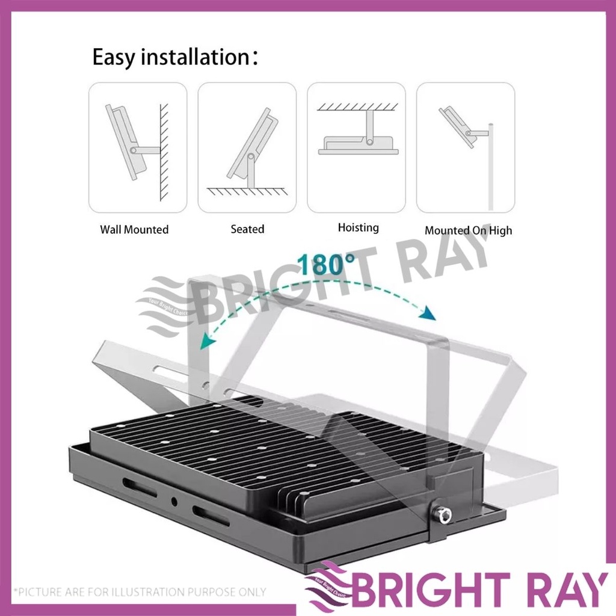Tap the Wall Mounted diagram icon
click(x=138, y=147)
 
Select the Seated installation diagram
click(x=247, y=147)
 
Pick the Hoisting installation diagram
click(x=356, y=147)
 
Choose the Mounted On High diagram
click(x=466, y=147)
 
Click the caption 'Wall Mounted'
click(x=134, y=230)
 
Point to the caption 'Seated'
click(x=247, y=229)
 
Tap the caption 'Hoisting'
click(x=358, y=227)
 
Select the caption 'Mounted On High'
click(x=469, y=230)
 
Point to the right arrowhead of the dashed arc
click(x=428, y=315)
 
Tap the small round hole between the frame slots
click(x=174, y=500)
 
